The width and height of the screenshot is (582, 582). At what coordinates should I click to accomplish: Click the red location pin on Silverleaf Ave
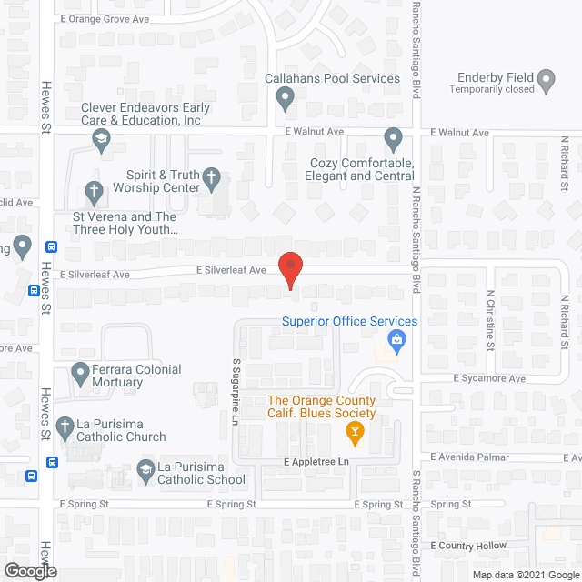[x=289, y=269]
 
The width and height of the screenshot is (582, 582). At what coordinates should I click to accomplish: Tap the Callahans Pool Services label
[x=332, y=78]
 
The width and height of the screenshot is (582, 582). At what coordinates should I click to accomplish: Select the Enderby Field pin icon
[x=547, y=81]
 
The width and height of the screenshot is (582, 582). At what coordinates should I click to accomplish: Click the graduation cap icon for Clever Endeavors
[x=101, y=138]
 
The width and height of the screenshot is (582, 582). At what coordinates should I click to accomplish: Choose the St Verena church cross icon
[x=93, y=192]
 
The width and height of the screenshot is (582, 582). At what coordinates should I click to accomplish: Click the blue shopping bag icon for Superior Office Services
[x=396, y=341]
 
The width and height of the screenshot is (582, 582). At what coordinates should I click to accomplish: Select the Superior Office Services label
[x=349, y=321]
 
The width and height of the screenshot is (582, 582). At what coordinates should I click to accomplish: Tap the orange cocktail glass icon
[x=356, y=432]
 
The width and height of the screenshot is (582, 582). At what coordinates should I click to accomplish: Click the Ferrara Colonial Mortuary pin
[x=79, y=372]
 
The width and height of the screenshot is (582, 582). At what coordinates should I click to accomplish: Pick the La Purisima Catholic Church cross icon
[x=65, y=426]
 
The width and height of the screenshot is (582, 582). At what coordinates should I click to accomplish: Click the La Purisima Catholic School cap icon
[x=145, y=469]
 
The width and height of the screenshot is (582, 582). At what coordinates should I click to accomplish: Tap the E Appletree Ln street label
[x=315, y=462]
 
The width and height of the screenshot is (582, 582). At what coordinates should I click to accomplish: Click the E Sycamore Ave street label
[x=490, y=378]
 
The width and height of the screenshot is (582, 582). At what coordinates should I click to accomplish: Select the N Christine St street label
[x=489, y=320]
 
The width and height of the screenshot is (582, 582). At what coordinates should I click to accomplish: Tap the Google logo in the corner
[x=29, y=571]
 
